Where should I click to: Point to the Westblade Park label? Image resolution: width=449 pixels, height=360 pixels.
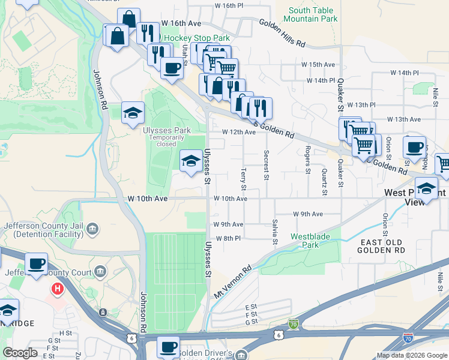[x=310, y=241]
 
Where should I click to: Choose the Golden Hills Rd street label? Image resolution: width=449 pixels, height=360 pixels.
[x=283, y=33]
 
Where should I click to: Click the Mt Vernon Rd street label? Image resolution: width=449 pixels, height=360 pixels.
[x=233, y=284]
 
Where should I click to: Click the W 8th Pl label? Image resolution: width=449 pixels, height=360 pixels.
[x=228, y=238]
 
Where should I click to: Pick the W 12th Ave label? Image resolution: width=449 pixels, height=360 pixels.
[x=235, y=132]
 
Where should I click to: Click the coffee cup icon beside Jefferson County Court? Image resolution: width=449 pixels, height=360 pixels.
[x=37, y=264]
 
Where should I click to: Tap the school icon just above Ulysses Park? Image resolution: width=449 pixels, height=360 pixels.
[x=133, y=113]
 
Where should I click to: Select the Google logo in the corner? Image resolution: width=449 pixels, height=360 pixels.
[x=20, y=353]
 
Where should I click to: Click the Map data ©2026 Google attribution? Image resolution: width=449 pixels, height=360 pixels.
[x=412, y=355]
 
